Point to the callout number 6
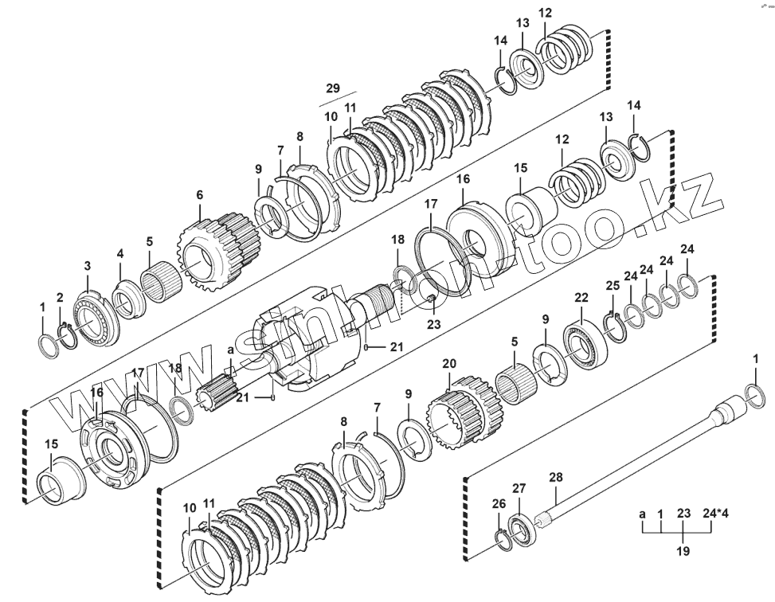tap(199, 194)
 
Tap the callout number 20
tap(449, 363)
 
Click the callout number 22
tap(581, 297)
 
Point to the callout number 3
tap(88, 265)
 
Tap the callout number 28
tap(556, 477)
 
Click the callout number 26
tap(499, 503)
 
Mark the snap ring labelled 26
tap(503, 538)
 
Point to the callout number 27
tap(519, 488)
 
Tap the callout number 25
tap(612, 285)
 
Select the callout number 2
tap(60, 297)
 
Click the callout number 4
tap(119, 253)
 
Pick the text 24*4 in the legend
tap(716, 514)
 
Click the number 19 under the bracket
tap(683, 550)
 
